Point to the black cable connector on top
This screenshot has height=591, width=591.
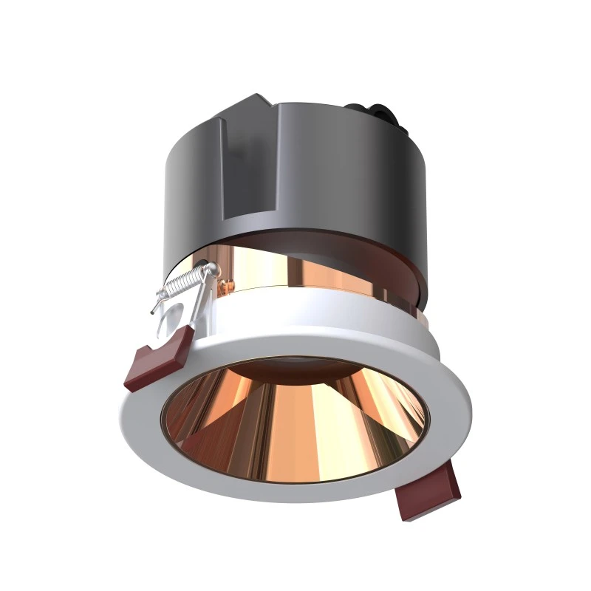[385, 115]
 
